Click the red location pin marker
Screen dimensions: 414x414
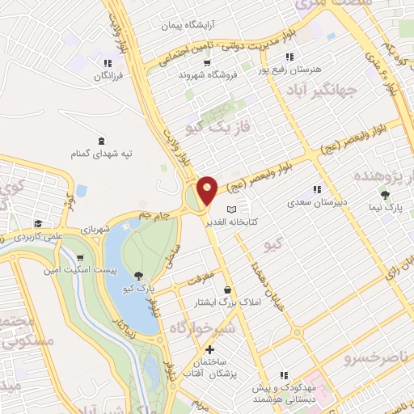click(207, 190)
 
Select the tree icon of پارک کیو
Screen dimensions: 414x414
click(140, 276)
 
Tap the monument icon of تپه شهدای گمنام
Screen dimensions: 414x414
click(100, 141)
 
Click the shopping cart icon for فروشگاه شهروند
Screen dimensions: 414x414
click(207, 62)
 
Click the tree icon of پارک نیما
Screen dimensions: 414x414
click(385, 195)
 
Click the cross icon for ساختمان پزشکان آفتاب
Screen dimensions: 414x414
click(209, 350)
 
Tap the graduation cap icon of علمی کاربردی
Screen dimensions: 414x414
click(37, 224)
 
